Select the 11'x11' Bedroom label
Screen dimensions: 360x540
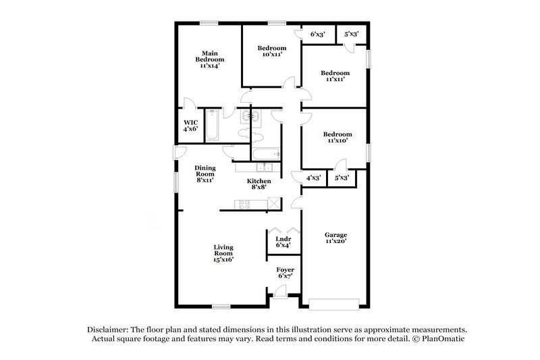click(x=335, y=76)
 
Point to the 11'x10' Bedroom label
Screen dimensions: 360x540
click(x=335, y=138)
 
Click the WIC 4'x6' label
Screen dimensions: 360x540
click(x=191, y=126)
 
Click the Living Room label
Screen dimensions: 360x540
click(x=223, y=253)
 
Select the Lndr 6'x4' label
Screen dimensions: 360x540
click(x=282, y=242)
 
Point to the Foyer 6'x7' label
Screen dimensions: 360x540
click(x=285, y=272)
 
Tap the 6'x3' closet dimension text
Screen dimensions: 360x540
click(x=318, y=34)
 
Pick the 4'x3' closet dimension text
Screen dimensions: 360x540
click(x=313, y=178)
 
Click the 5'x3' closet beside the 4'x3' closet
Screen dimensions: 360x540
click(x=342, y=178)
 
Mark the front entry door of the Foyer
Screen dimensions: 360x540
click(x=279, y=291)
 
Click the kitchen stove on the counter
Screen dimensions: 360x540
click(x=242, y=205)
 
